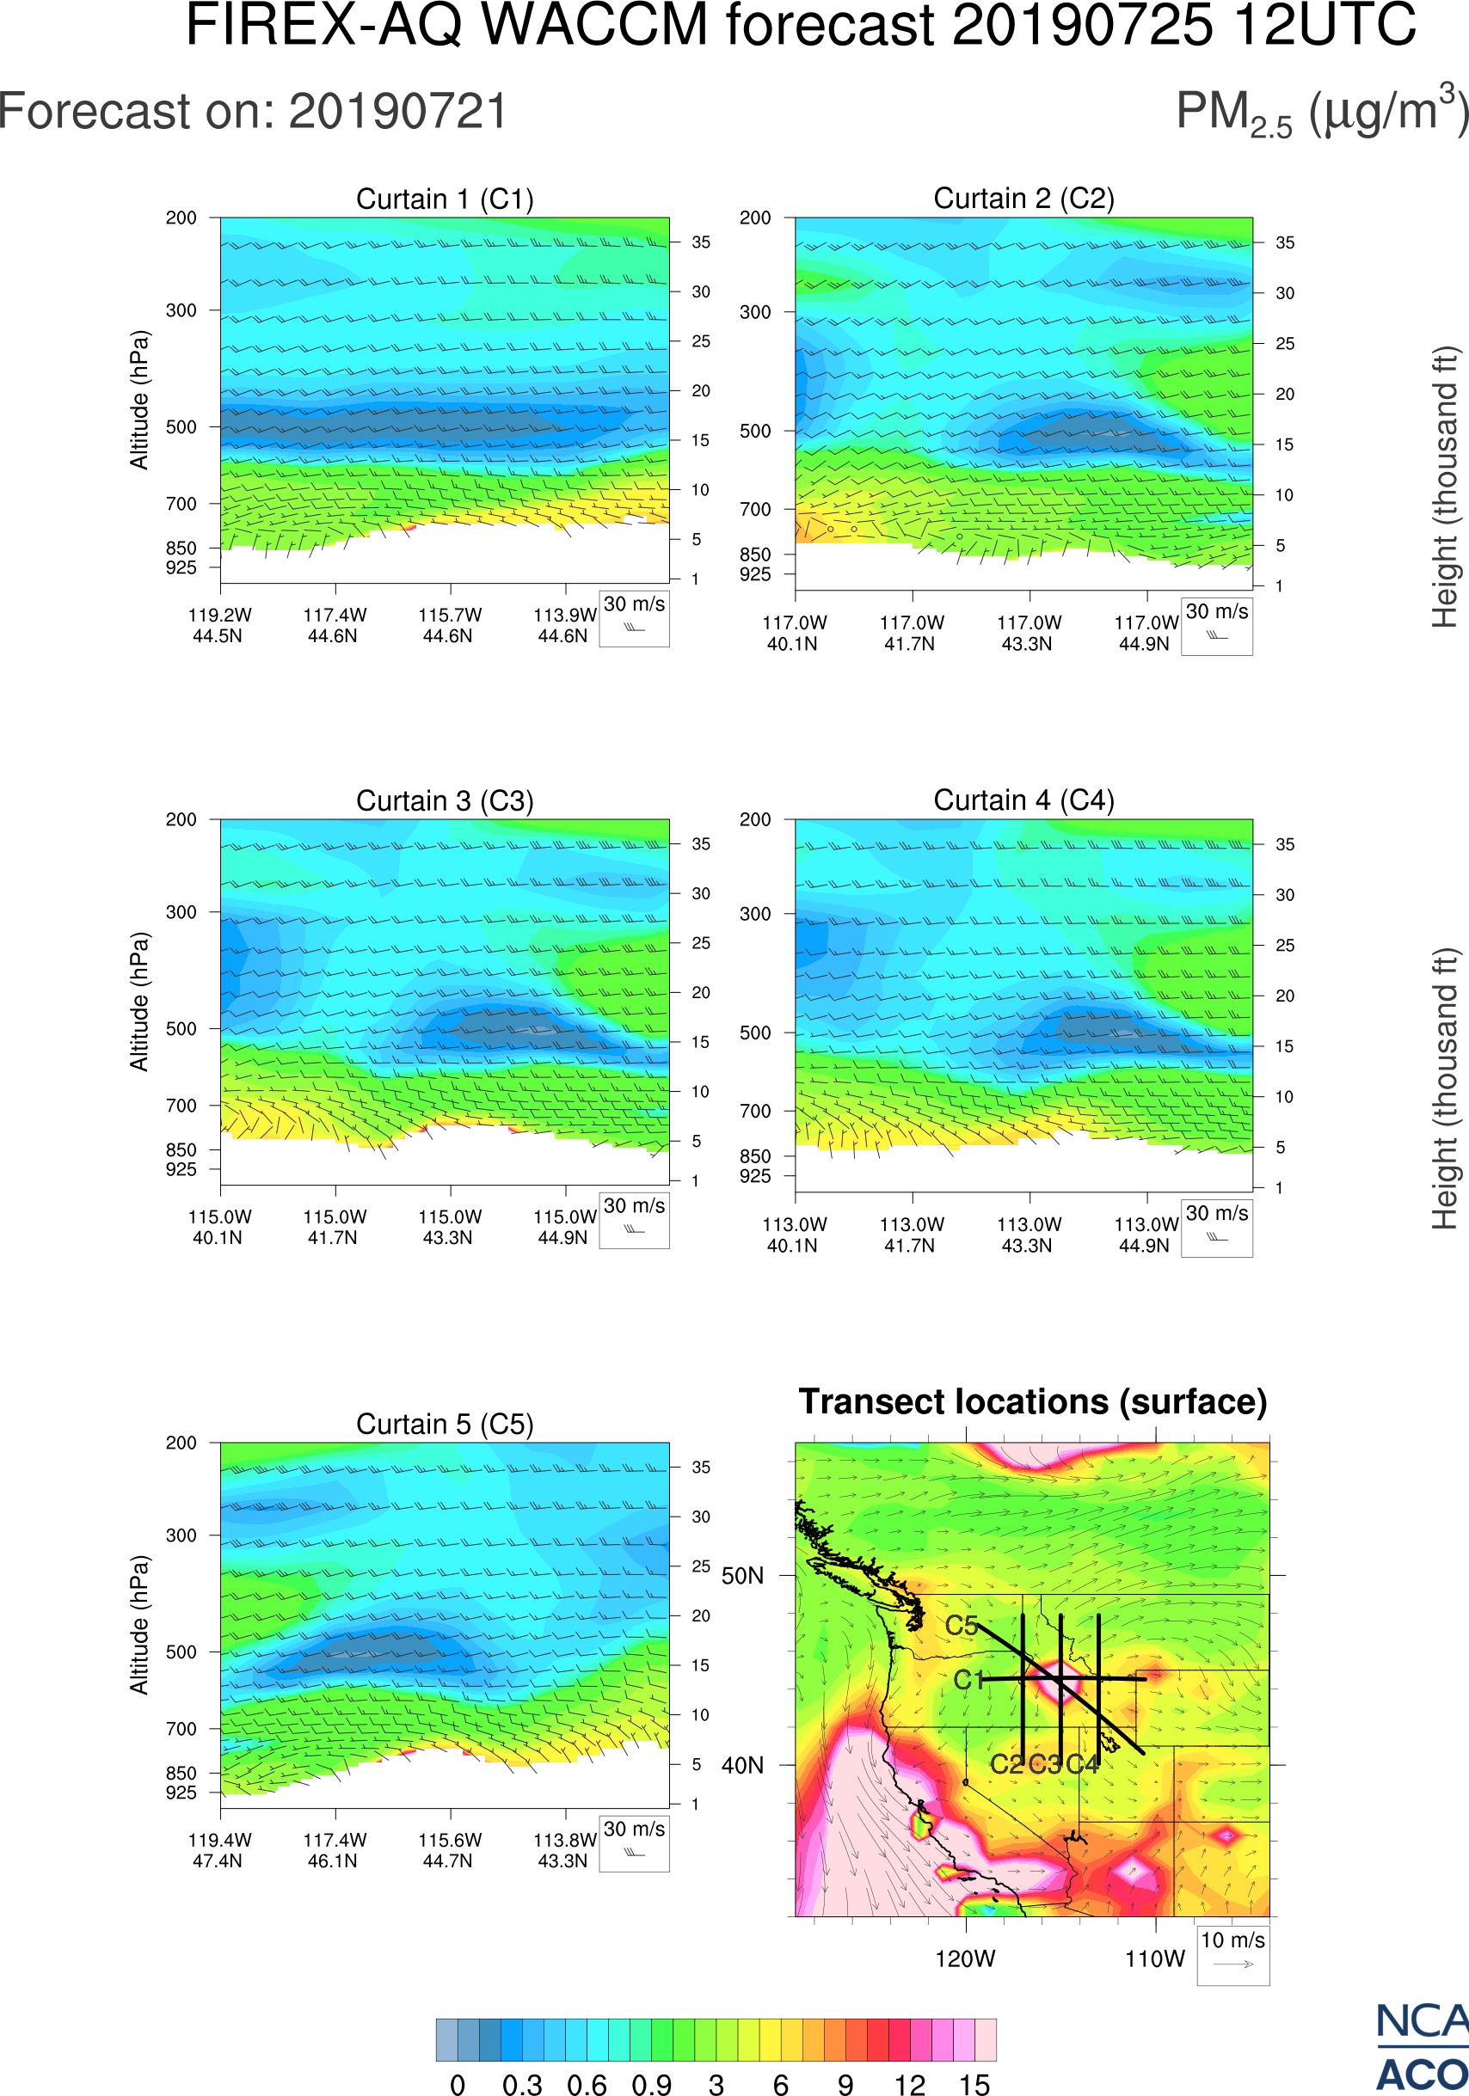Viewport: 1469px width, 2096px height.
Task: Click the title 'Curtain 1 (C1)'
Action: [x=445, y=199]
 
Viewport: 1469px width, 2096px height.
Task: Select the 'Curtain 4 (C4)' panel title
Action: [x=1023, y=800]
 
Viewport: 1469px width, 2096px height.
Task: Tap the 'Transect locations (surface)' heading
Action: [x=1033, y=1401]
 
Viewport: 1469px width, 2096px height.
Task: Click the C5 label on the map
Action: [x=962, y=1626]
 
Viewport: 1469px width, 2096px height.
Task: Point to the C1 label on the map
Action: [x=968, y=1680]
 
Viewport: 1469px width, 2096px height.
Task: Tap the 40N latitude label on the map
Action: [x=742, y=1766]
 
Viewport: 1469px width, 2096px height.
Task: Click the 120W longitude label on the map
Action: [x=965, y=1958]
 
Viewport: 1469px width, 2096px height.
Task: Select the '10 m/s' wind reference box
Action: [x=1232, y=1953]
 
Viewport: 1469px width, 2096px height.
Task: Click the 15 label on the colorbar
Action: [x=974, y=2084]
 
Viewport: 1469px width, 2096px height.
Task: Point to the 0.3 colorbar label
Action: [x=522, y=2084]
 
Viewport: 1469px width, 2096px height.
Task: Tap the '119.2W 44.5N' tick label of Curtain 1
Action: [x=219, y=625]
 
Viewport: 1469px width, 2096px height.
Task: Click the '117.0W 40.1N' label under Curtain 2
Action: [x=793, y=633]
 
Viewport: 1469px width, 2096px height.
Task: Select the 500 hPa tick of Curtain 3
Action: [x=181, y=1029]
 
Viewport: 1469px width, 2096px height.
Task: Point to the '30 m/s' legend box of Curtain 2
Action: [x=1216, y=626]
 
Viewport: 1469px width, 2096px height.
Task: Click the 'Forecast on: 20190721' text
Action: [x=253, y=113]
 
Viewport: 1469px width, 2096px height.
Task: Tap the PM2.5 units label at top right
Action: [x=1321, y=113]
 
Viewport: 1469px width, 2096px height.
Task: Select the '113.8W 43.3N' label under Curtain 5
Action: [x=563, y=1850]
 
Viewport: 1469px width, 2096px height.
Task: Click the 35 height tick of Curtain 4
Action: [x=1285, y=844]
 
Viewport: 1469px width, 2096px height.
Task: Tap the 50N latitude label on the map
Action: [x=742, y=1577]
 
